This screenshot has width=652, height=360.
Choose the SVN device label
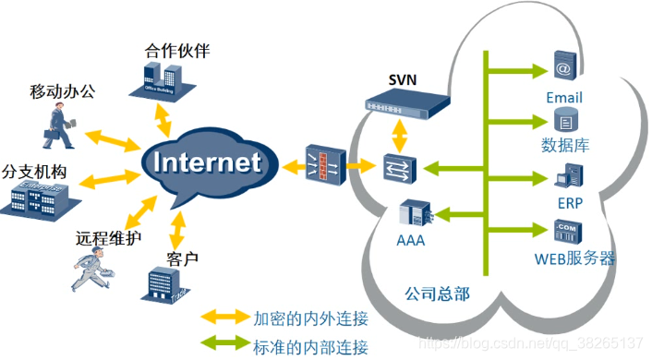[403, 80]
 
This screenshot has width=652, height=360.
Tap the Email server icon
[562, 68]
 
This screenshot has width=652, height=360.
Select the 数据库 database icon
[563, 120]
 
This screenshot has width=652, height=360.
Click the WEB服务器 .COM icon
[565, 230]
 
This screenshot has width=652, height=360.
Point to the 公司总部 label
[437, 294]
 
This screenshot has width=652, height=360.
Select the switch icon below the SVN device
[399, 167]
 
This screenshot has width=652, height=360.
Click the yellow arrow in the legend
[224, 320]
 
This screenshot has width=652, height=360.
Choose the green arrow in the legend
[224, 347]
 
